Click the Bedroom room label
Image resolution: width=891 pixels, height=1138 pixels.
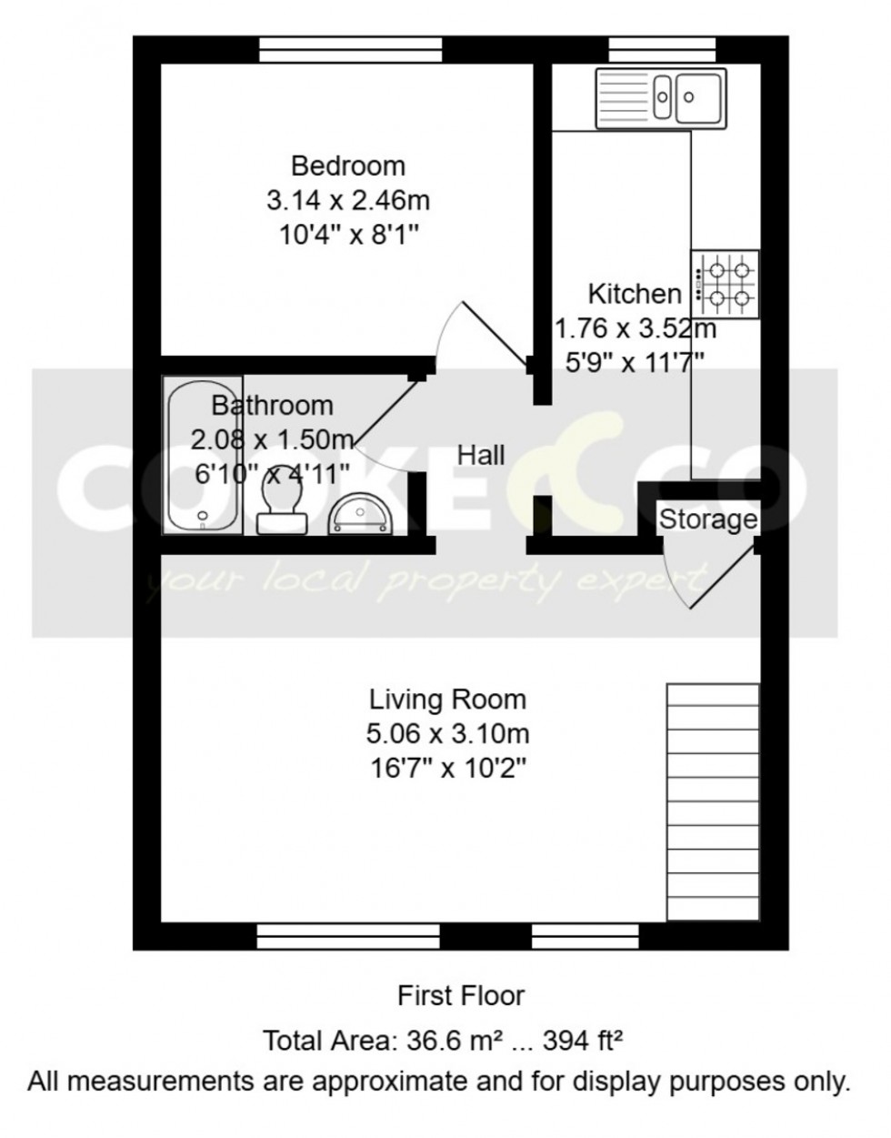348,166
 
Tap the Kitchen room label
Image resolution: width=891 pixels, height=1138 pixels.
635,294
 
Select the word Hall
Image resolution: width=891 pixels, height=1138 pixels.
481,455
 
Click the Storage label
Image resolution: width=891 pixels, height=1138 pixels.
707,519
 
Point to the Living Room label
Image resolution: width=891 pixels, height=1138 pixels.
447,700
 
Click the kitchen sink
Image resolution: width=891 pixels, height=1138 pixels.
661,96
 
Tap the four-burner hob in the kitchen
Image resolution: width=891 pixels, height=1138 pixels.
726,284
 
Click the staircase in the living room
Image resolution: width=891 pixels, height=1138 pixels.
713,802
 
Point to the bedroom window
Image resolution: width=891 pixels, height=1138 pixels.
351,49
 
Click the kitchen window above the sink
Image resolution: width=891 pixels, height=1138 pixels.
662,49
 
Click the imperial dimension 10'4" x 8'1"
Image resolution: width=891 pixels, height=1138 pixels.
348,235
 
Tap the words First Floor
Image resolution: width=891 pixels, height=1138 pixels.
461,995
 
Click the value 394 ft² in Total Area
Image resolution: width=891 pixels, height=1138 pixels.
583,1040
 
